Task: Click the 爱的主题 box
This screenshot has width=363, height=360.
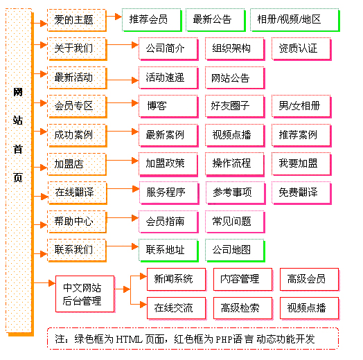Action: tap(77, 20)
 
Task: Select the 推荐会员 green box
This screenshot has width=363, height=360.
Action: tap(152, 20)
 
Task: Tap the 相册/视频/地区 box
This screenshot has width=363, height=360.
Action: tap(295, 20)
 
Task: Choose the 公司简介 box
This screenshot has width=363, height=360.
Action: tap(168, 49)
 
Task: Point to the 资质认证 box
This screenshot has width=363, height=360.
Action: tap(301, 49)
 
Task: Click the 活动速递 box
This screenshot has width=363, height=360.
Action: tap(168, 78)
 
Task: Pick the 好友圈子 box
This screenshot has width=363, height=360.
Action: tap(235, 106)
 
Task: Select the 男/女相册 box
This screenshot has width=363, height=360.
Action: tap(301, 106)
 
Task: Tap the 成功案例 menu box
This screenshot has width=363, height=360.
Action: tap(77, 136)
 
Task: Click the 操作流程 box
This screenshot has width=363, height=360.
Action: tap(235, 164)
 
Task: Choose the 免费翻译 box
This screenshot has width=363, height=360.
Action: tap(301, 193)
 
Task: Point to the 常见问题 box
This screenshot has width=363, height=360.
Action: tap(235, 222)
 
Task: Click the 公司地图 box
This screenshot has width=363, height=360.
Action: tap(235, 251)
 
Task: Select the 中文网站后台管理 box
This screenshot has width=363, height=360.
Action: tap(85, 294)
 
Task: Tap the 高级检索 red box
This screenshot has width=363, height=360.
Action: tap(243, 308)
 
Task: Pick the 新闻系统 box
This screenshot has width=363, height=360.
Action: tap(177, 280)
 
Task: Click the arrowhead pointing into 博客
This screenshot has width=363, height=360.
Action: tap(135, 103)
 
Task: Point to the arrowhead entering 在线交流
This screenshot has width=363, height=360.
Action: tap(143, 305)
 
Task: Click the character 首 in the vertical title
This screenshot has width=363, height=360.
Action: tap(18, 150)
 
